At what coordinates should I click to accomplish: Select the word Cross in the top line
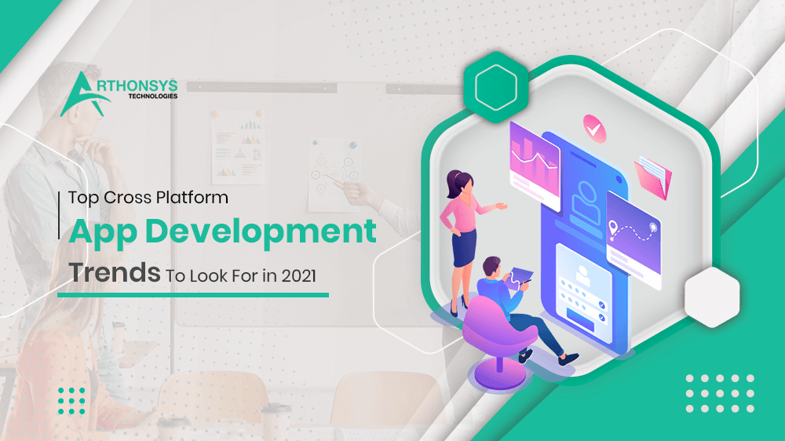(125, 198)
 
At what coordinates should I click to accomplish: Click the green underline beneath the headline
(192, 295)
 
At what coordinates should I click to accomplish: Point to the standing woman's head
(457, 180)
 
